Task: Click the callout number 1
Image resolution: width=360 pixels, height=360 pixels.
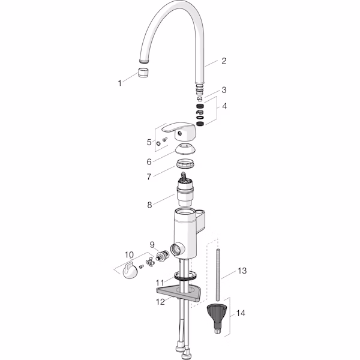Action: pos(119,83)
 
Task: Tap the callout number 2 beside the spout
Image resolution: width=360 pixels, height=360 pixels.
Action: pos(224,61)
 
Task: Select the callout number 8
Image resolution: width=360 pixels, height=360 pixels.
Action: pos(149,205)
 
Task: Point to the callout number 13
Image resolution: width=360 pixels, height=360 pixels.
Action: pos(242,271)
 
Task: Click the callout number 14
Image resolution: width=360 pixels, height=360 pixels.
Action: pos(241,313)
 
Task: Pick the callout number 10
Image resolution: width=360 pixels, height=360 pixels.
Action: pos(129,254)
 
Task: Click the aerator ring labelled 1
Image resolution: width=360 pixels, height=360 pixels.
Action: pos(143,73)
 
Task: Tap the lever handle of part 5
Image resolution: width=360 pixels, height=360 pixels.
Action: pos(176,131)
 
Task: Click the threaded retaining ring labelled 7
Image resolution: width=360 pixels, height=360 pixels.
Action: pos(185,164)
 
